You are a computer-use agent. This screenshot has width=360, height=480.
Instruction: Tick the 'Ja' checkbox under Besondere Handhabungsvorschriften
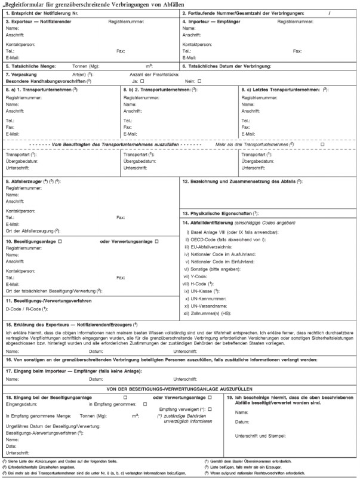pyautogui.click(x=141, y=80)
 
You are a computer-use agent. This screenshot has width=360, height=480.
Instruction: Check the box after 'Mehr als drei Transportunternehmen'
pyautogui.click(x=322, y=144)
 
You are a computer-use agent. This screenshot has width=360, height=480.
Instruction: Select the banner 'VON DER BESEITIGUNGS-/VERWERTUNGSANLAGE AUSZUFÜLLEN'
pyautogui.click(x=179, y=389)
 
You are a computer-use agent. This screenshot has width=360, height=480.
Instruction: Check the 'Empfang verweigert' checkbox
pyautogui.click(x=208, y=408)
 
